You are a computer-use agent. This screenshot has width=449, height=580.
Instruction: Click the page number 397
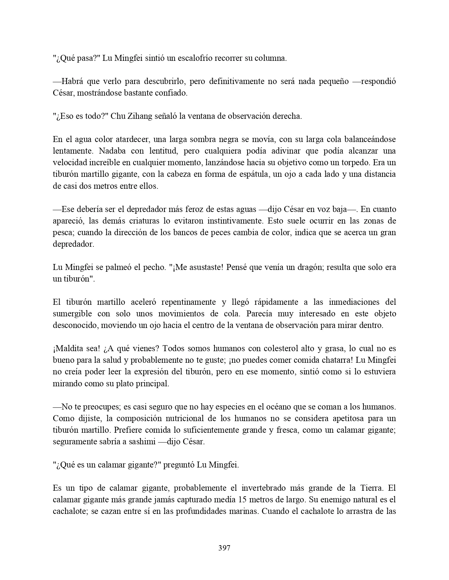(x=224, y=548)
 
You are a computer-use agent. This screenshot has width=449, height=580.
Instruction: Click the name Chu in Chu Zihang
(x=117, y=116)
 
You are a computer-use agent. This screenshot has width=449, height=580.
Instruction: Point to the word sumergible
(x=73, y=314)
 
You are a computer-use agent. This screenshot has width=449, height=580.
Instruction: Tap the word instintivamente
(x=231, y=221)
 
